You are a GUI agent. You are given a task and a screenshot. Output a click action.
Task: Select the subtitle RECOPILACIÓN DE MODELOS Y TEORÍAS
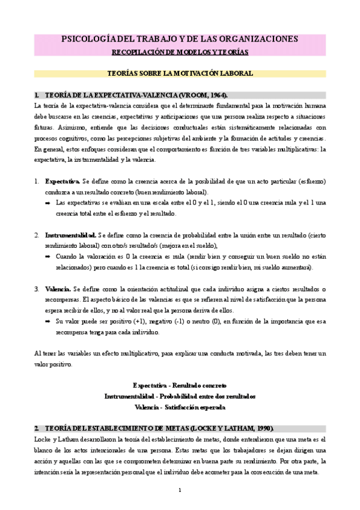click(180, 52)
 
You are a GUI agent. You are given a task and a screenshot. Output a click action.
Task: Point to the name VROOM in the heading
click(193, 95)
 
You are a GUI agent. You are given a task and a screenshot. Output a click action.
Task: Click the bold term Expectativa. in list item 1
click(63, 181)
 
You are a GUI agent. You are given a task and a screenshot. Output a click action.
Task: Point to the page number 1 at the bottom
click(180, 490)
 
